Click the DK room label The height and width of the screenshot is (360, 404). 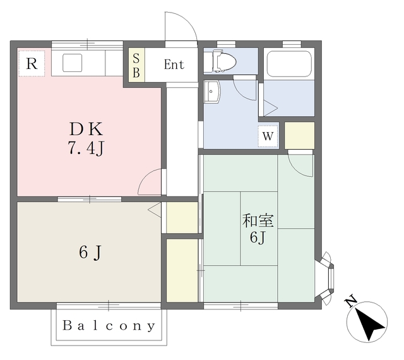[x=86, y=129]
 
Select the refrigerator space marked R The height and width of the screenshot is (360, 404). [x=32, y=63]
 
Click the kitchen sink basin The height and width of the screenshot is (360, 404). [x=73, y=63]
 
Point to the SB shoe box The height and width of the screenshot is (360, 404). [x=136, y=65]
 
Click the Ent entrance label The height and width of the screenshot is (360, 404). [x=174, y=64]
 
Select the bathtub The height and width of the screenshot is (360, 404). [x=289, y=64]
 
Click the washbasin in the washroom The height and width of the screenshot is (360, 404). [x=212, y=92]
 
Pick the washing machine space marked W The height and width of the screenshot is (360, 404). [x=268, y=136]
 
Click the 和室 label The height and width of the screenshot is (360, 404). [x=258, y=221]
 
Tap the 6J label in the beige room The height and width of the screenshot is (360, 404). [x=90, y=253]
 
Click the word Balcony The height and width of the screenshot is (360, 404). [x=109, y=326]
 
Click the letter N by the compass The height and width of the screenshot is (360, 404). [x=351, y=302]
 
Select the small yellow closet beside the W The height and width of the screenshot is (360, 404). [x=299, y=136]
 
